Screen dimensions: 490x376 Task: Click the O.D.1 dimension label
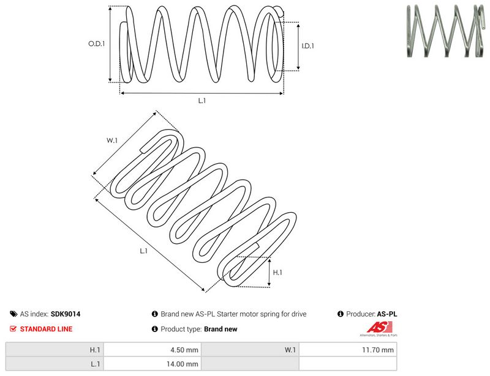97,43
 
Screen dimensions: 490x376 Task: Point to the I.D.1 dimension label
308,46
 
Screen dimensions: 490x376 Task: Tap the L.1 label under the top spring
202,100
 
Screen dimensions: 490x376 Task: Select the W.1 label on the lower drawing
112,141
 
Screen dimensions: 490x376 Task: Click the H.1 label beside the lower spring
277,273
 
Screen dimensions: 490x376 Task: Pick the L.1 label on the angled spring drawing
143,251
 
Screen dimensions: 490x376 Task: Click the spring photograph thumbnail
446,31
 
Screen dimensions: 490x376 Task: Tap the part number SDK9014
66,314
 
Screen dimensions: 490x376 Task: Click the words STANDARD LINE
47,329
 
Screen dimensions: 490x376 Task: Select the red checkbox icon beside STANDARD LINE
13,328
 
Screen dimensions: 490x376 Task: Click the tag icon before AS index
13,314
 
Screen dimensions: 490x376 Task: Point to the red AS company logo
379,328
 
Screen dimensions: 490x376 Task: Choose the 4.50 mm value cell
153,350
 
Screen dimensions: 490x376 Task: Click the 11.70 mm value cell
348,350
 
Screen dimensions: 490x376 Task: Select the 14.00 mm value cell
153,364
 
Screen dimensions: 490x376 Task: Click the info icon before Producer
341,314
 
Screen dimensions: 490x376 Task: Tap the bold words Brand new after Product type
221,329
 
